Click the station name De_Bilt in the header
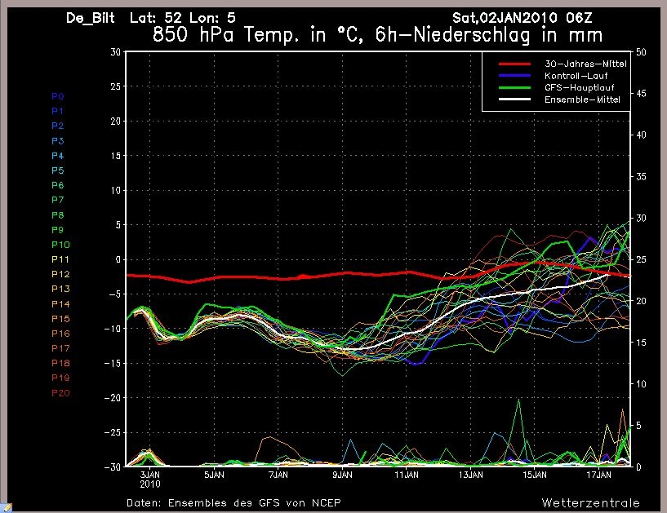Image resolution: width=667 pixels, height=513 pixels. (x=92, y=18)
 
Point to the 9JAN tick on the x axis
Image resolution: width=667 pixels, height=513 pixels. (x=342, y=474)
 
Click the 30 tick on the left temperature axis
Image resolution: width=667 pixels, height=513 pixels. (x=115, y=51)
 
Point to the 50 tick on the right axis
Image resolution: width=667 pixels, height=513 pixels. (x=642, y=51)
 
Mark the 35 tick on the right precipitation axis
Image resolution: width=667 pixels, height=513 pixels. (x=642, y=176)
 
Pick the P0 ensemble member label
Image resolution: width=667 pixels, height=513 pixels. (x=57, y=96)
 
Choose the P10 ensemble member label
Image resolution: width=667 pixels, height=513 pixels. (x=60, y=245)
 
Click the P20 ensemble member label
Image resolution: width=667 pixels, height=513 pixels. (x=60, y=393)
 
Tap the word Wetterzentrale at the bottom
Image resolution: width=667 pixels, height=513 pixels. (x=590, y=502)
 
